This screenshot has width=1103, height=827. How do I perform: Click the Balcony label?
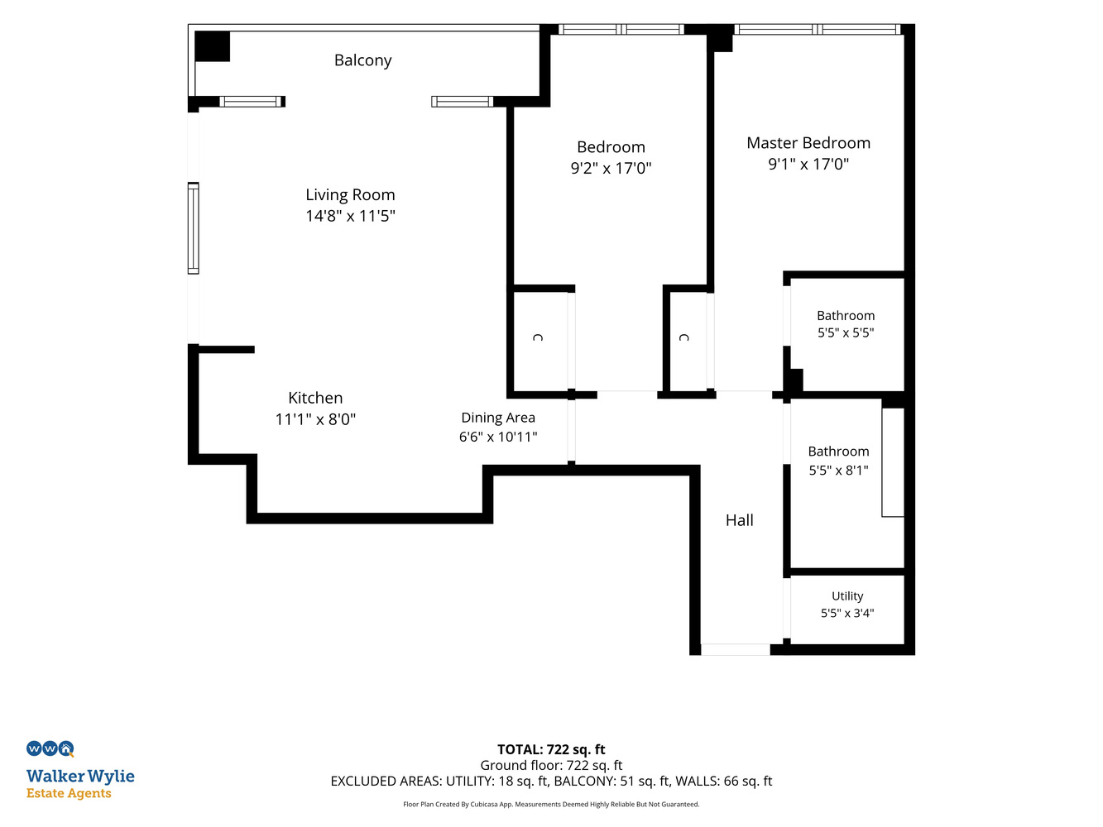pos(362,60)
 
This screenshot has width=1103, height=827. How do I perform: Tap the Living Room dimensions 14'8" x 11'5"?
pos(350,216)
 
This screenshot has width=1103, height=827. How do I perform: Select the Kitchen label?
pos(315,398)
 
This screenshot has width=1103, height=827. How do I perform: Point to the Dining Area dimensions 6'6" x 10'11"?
pos(498,437)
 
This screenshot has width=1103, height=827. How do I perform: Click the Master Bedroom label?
pos(808,143)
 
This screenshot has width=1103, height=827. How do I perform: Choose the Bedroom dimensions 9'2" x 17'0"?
pos(611,168)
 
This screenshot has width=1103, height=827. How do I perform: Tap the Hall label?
pos(739,520)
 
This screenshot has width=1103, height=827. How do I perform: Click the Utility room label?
pos(847,596)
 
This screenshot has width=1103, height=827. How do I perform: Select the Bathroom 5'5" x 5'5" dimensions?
pos(845,333)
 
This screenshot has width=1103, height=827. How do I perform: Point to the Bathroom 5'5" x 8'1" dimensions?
pos(838,471)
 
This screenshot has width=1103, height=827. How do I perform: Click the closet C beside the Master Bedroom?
pos(684,337)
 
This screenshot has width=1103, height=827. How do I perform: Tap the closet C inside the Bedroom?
pos(538,337)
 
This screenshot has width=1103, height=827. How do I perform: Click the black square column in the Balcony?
pos(212,46)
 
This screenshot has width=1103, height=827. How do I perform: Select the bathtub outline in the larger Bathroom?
pos(893,462)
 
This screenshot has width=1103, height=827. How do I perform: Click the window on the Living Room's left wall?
pos(194,228)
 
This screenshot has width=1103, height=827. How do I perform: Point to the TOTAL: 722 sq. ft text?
pos(551,749)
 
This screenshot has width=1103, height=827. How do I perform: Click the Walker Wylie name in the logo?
pos(80,777)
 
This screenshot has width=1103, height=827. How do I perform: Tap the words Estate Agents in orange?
pos(69,793)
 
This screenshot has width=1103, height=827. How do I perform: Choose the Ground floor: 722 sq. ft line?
pos(551,765)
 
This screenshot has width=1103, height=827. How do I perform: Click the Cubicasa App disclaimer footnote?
pos(551,805)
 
